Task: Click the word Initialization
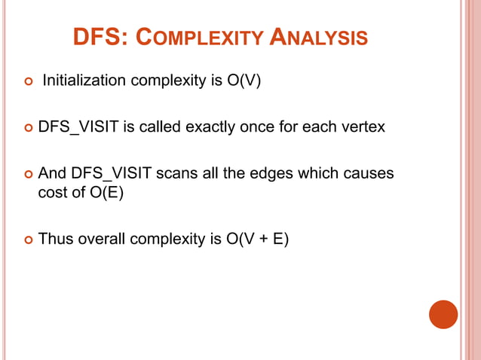84,80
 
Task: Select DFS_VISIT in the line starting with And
105,173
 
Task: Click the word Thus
54,239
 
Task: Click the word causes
369,173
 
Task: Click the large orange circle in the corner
443,315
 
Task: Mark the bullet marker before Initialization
27,81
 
